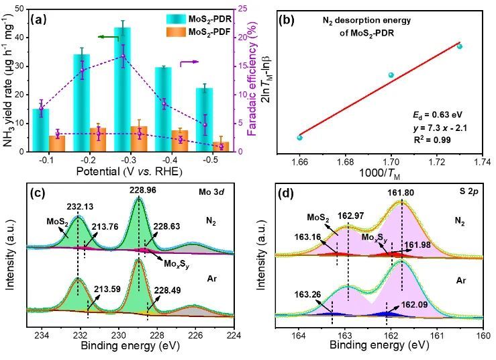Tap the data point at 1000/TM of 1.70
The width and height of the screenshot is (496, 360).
391,75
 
